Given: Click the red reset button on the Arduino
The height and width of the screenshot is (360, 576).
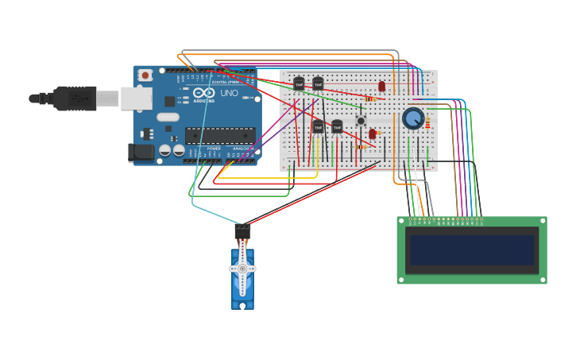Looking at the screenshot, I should point(145,75).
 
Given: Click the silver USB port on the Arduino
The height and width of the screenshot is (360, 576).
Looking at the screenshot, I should point(136,99).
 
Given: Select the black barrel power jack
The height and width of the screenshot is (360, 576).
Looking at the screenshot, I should point(141,153).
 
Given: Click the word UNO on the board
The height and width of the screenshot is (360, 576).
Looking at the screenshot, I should point(229,93).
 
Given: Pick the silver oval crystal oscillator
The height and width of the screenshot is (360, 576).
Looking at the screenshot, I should point(168,117).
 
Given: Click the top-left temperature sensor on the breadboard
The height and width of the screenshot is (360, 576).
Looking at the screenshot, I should point(299,83).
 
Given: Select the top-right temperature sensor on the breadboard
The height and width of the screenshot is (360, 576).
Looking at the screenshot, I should point(318,83).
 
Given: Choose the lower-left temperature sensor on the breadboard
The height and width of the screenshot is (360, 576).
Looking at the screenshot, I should point(318,126).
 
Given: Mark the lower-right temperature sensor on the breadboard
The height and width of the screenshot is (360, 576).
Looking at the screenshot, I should point(337,126).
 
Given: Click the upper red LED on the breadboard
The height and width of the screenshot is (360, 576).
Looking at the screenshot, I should point(381,86).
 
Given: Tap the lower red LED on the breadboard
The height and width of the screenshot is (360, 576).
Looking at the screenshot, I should point(372,134).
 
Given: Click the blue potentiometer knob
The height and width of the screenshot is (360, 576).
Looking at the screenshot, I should point(413,118).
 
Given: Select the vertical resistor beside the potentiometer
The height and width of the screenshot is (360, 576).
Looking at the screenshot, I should point(427,123).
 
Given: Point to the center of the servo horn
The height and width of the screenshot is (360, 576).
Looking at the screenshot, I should point(242,269).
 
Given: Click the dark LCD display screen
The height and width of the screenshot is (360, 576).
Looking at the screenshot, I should point(471,250).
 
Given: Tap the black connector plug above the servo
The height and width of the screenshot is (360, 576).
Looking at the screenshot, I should point(242,231).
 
